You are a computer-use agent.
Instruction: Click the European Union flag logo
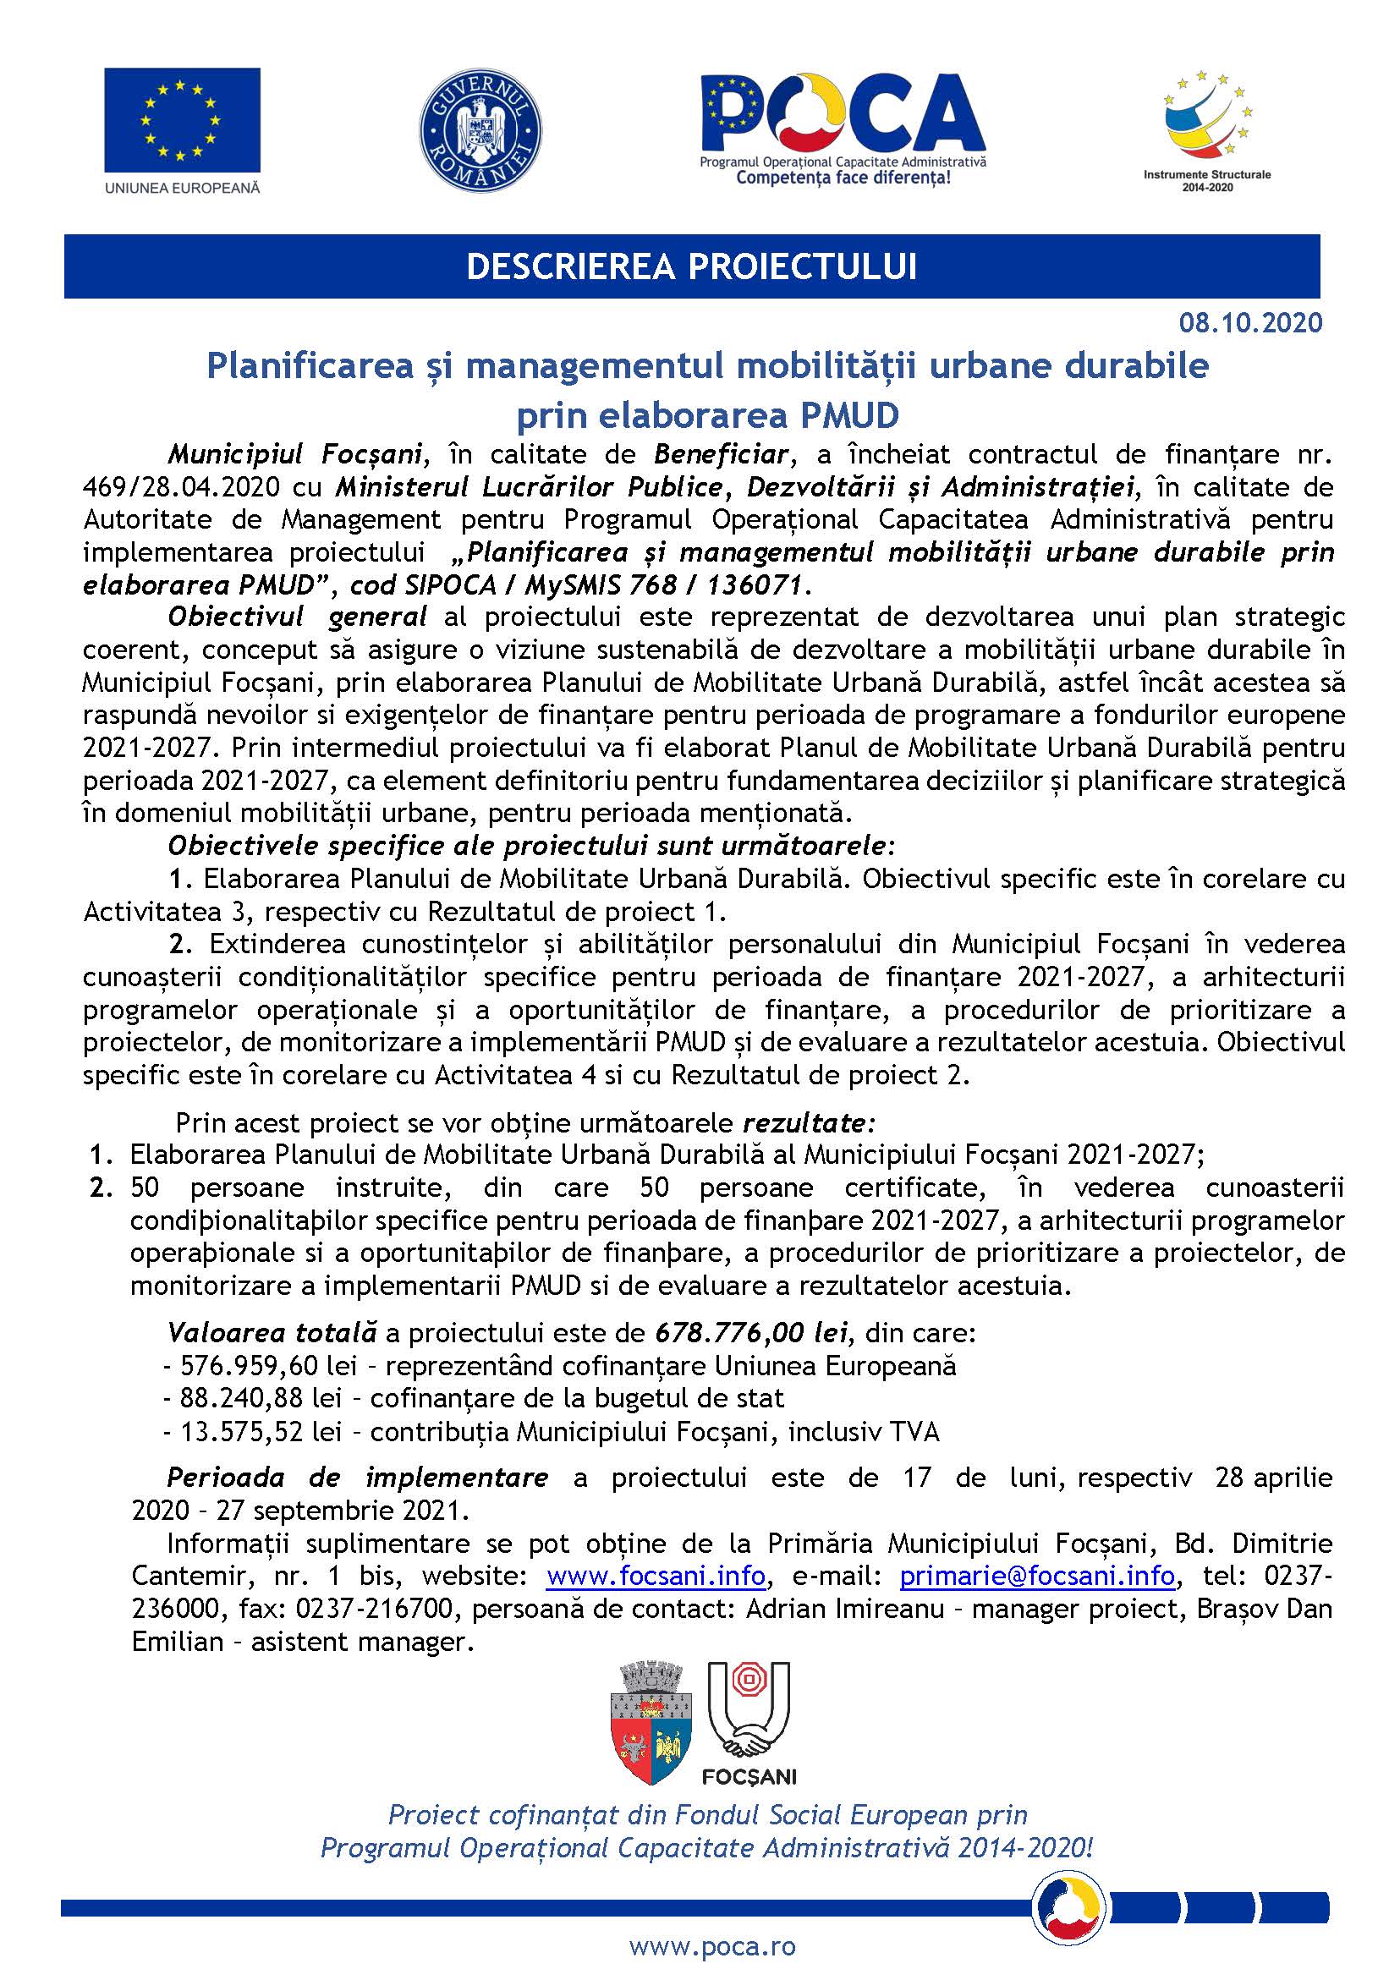click(x=182, y=120)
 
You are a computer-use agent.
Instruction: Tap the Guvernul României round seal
click(x=480, y=130)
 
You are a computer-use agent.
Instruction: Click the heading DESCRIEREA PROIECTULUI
click(x=691, y=267)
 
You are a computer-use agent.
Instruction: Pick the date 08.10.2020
click(x=1250, y=322)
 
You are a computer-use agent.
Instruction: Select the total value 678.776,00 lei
click(x=751, y=1333)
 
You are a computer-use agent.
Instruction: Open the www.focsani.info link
click(x=656, y=1577)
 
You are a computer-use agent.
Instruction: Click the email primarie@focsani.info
click(x=1037, y=1577)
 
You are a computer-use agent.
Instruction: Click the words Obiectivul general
click(x=297, y=617)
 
